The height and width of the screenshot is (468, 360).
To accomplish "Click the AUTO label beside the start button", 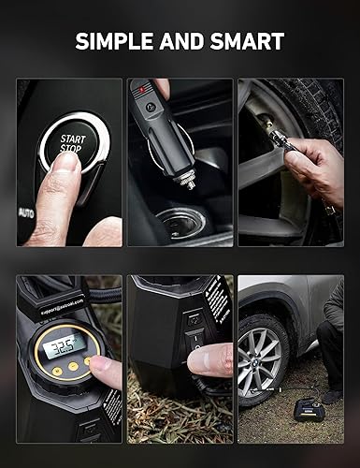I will coord(27,212).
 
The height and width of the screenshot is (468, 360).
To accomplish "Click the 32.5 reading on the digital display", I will coord(64,344).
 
